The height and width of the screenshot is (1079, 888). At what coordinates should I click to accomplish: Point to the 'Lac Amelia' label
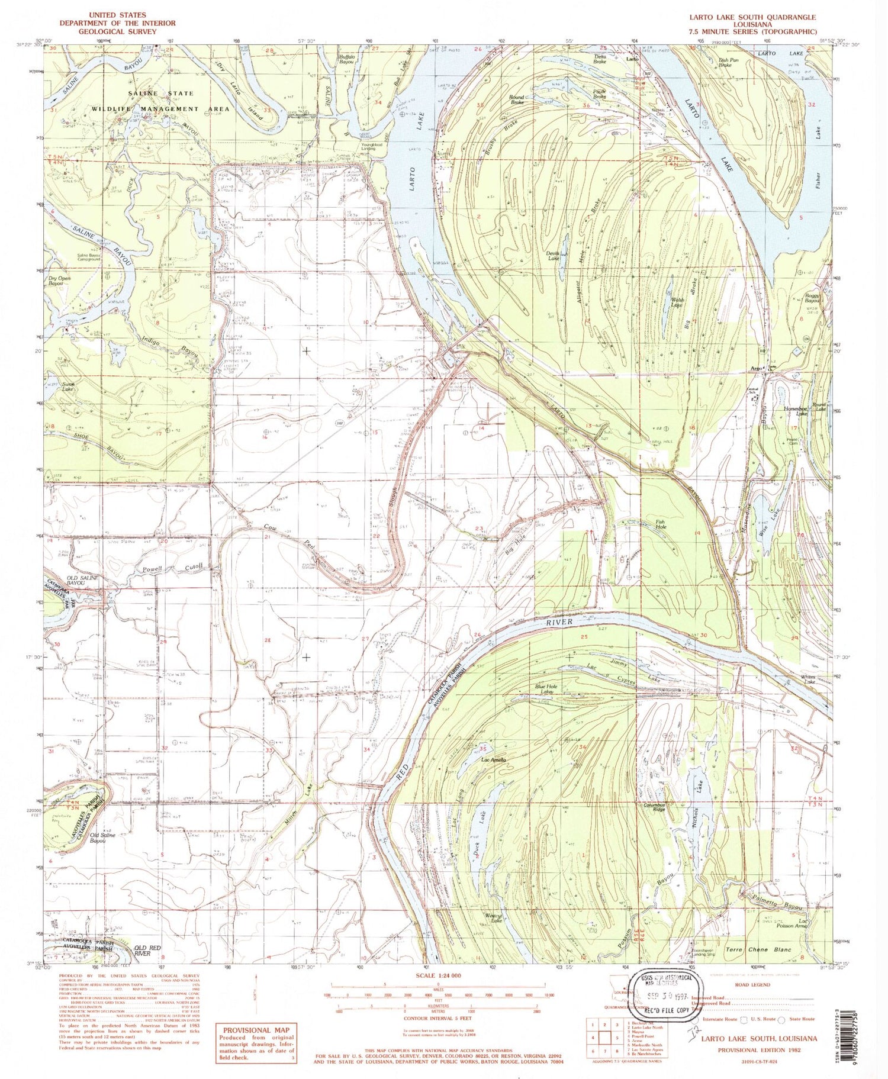(x=493, y=759)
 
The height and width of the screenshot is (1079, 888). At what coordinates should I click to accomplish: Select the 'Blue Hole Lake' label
(x=543, y=689)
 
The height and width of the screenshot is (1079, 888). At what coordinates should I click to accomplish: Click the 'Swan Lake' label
(x=68, y=387)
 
